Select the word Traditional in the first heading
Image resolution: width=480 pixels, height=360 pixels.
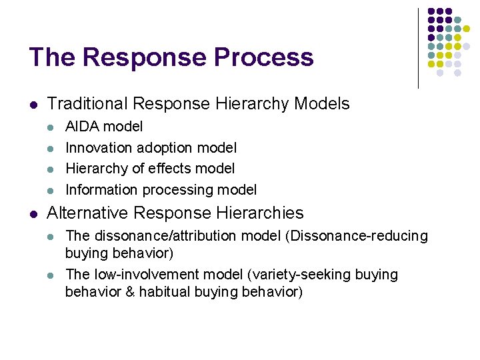(87, 104)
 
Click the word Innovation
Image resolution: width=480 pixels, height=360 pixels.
(98, 147)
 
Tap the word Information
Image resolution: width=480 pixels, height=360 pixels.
(100, 190)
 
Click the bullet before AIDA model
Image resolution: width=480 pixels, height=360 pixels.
(52, 127)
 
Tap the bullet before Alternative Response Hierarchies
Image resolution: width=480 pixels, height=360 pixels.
(33, 213)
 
